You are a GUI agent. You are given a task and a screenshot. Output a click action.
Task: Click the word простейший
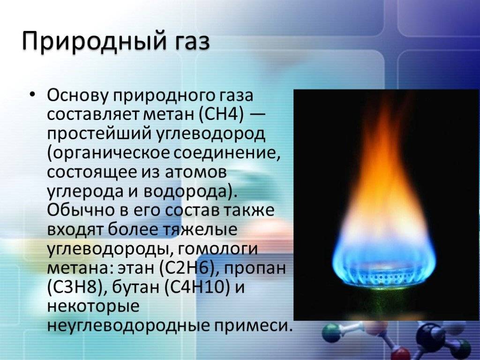[100, 134]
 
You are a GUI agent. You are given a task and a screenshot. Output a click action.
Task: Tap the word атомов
[196, 172]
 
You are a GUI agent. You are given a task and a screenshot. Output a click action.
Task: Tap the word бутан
[135, 287]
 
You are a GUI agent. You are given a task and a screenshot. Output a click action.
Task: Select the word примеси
[251, 326]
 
